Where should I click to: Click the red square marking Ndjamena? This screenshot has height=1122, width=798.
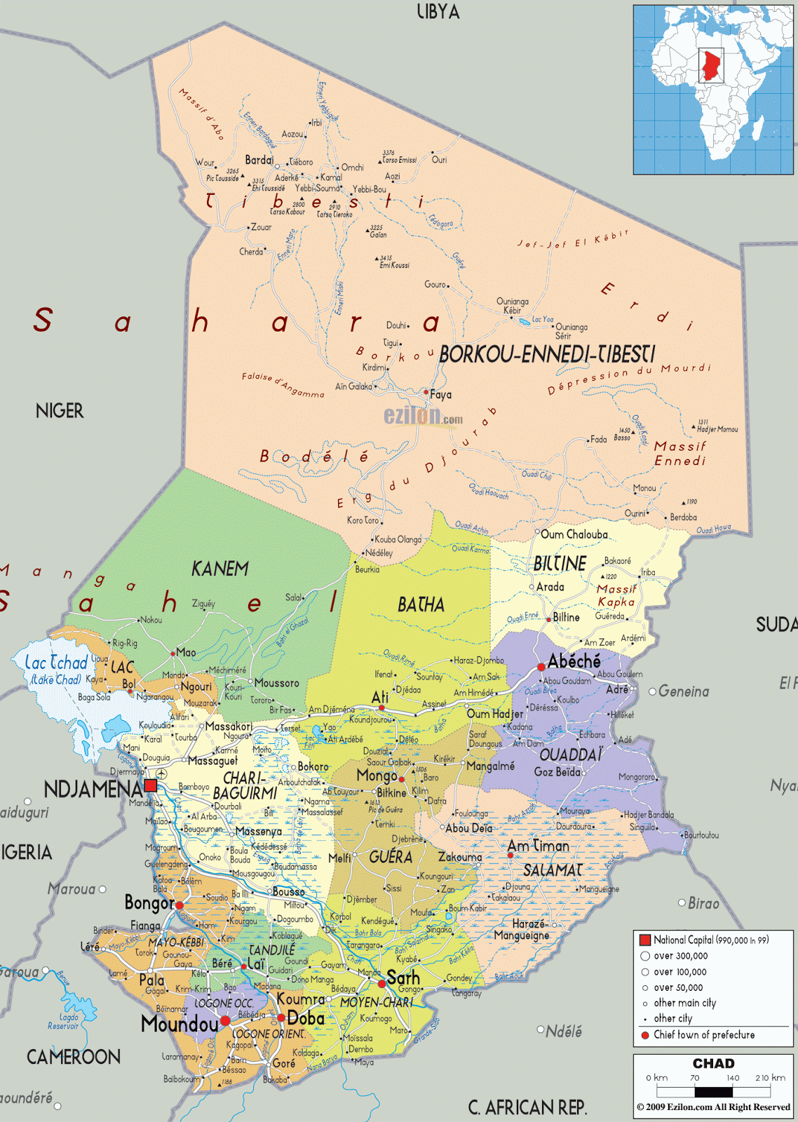pos(151,785)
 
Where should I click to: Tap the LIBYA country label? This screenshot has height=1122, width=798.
pos(438,12)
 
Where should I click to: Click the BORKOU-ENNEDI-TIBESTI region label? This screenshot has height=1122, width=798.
pos(547,354)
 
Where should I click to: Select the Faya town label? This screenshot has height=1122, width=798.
pos(440,395)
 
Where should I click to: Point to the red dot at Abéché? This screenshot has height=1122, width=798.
pos(541,667)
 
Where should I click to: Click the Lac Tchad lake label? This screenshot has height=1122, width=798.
pos(56,663)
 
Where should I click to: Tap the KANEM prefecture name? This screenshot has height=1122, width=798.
pos(219,569)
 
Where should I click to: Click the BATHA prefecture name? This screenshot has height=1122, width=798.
pos(421,604)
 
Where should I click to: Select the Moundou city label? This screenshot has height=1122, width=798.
pos(180,1024)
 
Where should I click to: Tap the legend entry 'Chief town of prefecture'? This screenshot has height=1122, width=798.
pos(703,1035)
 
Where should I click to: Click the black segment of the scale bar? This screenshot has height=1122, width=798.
pos(713,1092)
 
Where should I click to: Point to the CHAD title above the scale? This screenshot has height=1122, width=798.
pos(713,1064)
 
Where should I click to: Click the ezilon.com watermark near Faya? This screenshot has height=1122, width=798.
pos(423,417)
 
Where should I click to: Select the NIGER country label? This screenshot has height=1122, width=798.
pos(60,411)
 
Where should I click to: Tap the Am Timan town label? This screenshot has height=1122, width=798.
pos(539,846)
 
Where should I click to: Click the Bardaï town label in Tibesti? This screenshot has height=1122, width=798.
pos(259,161)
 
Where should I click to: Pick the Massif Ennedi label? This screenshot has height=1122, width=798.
pos(679,453)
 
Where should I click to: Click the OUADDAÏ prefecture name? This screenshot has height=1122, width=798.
pos(571,755)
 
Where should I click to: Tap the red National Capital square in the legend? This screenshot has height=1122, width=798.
pos(644,940)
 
